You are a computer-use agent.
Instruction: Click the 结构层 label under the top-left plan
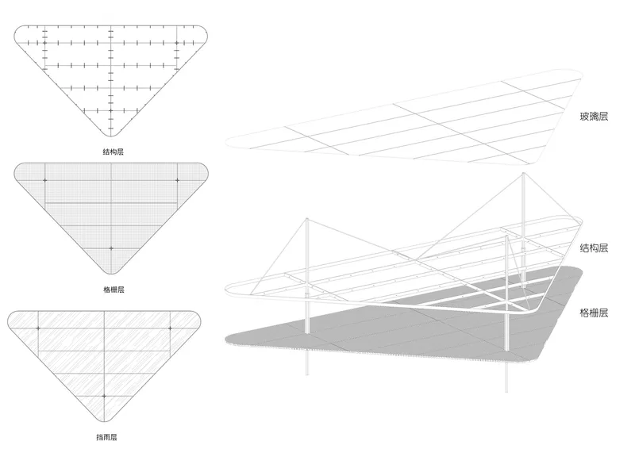coord(113,152)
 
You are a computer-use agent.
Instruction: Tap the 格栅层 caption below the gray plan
coord(114,290)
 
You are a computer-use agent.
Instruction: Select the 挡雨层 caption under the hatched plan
coord(106,437)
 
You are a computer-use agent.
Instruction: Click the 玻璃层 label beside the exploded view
coord(594,117)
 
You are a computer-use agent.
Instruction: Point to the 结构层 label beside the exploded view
coord(594,248)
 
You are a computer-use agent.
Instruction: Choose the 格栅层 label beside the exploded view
coord(594,313)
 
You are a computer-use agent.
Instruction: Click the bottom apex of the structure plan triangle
coord(111,136)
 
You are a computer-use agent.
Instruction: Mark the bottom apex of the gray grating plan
coord(111,274)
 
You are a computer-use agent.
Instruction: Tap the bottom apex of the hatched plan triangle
coord(105,421)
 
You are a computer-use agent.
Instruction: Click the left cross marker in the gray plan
coord(45,180)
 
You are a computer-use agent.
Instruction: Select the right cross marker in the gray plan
coord(177,180)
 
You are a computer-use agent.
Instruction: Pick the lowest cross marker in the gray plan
coord(111,248)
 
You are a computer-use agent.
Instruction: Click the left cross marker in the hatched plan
coord(38,328)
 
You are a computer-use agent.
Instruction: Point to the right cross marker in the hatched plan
coord(170,328)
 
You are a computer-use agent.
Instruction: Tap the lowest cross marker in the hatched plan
coord(105,396)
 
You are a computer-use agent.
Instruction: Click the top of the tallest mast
coord(523,173)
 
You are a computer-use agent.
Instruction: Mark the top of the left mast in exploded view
coord(307,220)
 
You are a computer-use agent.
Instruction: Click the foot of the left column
coord(307,374)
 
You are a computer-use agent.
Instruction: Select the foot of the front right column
coord(506,391)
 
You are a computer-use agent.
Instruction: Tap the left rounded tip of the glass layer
coord(226,141)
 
